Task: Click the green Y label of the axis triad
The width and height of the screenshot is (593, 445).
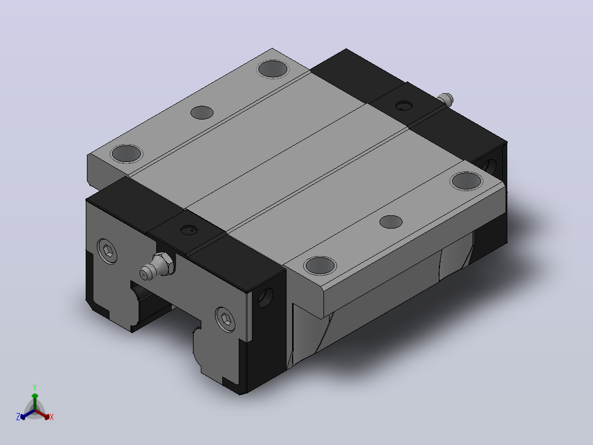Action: [35, 387]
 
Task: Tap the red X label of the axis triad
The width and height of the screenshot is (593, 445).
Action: [52, 417]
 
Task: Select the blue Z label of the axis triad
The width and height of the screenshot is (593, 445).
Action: [18, 417]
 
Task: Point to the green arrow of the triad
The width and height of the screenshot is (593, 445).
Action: [35, 401]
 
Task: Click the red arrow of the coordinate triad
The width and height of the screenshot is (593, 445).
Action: [42, 414]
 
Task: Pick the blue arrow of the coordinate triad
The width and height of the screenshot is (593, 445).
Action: [28, 414]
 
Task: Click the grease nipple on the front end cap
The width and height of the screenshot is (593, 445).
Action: [157, 266]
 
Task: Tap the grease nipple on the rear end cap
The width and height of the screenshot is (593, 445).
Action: [446, 99]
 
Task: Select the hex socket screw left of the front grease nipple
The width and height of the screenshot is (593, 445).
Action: [107, 251]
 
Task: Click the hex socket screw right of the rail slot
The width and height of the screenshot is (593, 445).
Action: [225, 319]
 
